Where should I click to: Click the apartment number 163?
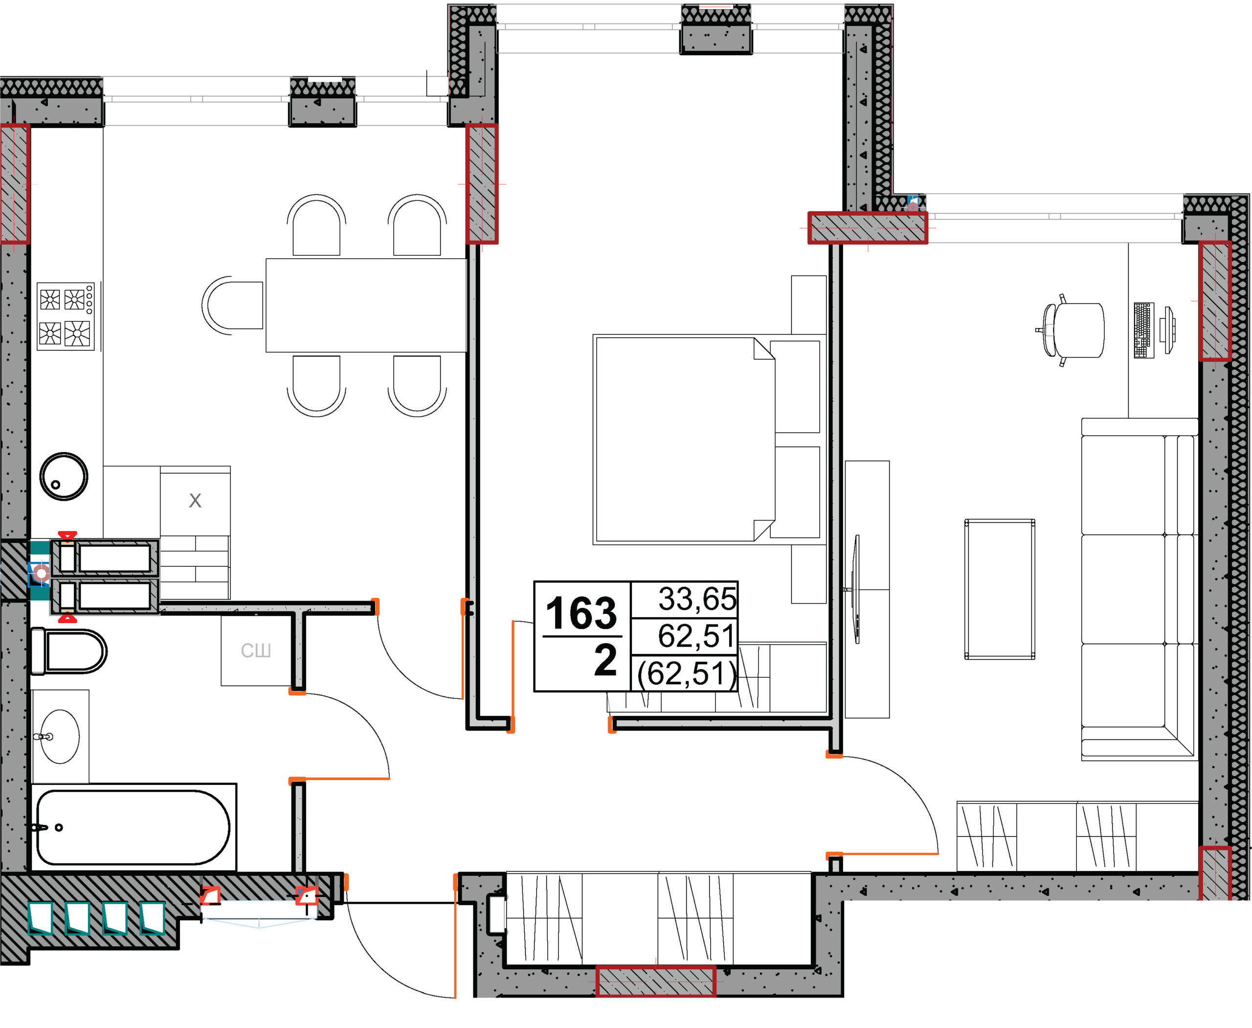coord(581,613)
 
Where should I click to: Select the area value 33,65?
coord(697,599)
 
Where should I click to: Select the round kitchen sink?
coord(64,476)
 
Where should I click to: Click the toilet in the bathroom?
coord(68,651)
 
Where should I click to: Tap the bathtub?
coord(133,827)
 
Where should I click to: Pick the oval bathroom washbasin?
coord(60,736)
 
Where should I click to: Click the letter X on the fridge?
coord(195,501)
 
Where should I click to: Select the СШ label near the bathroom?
coord(256,651)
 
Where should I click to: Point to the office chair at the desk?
coord(1071,330)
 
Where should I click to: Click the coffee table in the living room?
coord(1000,589)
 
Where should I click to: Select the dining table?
coord(366,305)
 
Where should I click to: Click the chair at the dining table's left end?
coord(232,305)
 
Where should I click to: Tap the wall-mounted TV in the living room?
coord(856,589)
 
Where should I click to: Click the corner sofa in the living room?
coord(1138,589)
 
